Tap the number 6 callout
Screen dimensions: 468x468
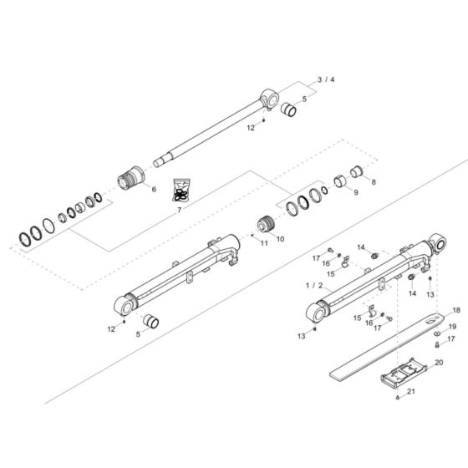[154, 190]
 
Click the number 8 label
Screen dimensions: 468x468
[374, 181]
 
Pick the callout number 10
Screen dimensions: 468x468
[280, 238]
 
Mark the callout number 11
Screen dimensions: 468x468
[264, 243]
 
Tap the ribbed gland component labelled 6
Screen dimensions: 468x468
[134, 180]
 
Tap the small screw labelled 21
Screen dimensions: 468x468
[398, 398]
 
